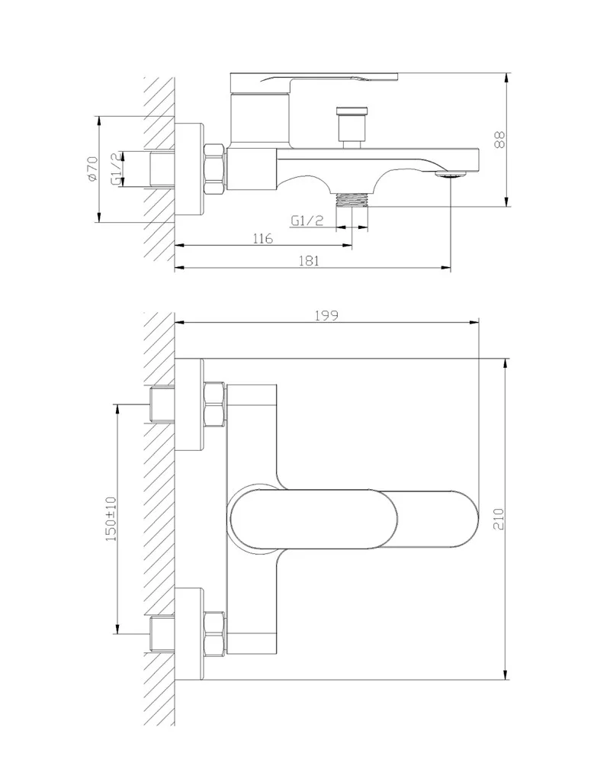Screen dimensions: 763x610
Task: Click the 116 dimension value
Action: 262,238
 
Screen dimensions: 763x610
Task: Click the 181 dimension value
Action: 309,259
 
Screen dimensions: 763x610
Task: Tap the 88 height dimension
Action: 499,140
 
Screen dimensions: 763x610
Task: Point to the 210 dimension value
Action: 499,519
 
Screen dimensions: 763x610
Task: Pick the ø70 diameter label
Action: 92,169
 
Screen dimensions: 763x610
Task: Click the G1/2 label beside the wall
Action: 116,169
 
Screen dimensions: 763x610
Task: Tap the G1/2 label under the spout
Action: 308,221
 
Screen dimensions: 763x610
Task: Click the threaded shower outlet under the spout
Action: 353,199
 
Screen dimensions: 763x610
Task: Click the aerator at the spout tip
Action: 450,176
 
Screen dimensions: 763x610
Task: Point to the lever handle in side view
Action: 313,78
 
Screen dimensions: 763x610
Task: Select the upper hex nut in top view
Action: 215,404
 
